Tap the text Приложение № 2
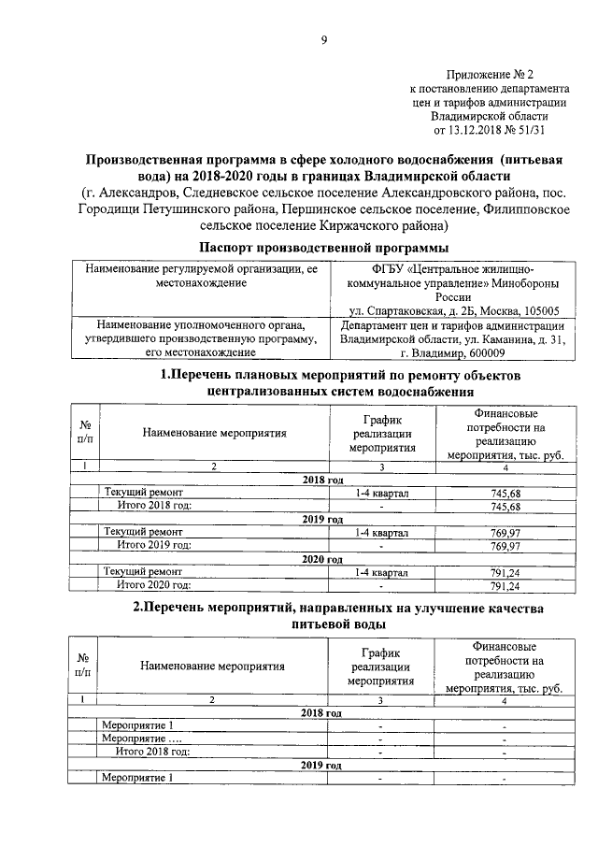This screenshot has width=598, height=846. [x=491, y=74]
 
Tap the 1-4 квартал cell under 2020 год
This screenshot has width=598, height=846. [x=382, y=572]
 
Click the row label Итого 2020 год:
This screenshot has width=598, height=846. [x=154, y=585]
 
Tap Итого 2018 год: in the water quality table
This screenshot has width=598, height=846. [x=153, y=751]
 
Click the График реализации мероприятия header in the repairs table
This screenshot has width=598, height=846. [x=382, y=433]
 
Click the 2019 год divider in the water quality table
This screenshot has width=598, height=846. [x=321, y=765]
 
